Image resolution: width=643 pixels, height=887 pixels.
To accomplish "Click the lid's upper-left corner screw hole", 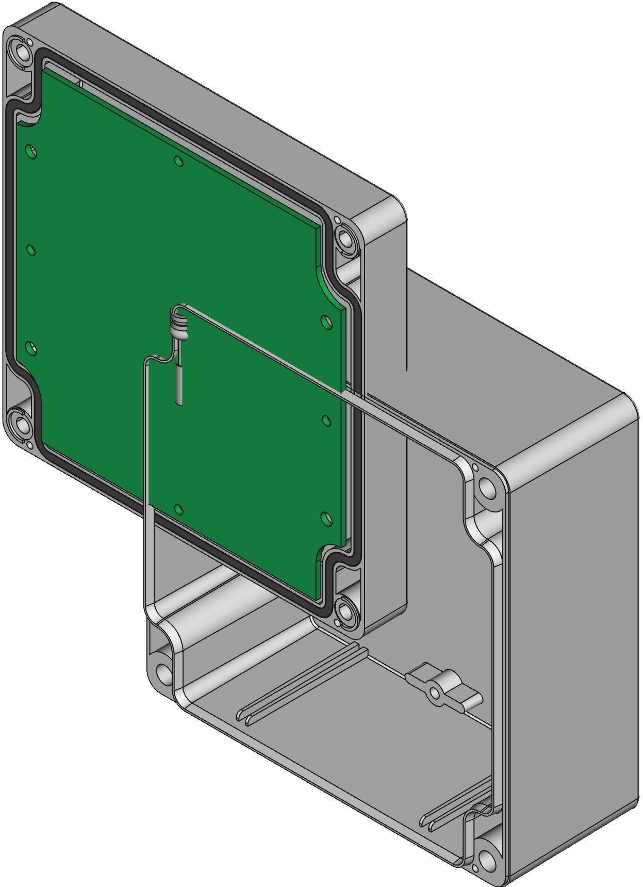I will point(23,52).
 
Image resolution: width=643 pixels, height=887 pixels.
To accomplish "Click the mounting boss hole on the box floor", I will point(436,692).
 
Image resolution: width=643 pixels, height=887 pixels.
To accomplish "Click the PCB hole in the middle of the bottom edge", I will point(178,510).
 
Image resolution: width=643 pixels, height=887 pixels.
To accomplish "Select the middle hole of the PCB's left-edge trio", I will point(31,250).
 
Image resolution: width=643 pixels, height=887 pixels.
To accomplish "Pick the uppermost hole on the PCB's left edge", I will point(31,151).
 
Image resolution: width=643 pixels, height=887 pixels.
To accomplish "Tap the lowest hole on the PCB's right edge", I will point(325,518).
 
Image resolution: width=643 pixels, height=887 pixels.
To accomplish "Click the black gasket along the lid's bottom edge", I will point(196,531).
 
